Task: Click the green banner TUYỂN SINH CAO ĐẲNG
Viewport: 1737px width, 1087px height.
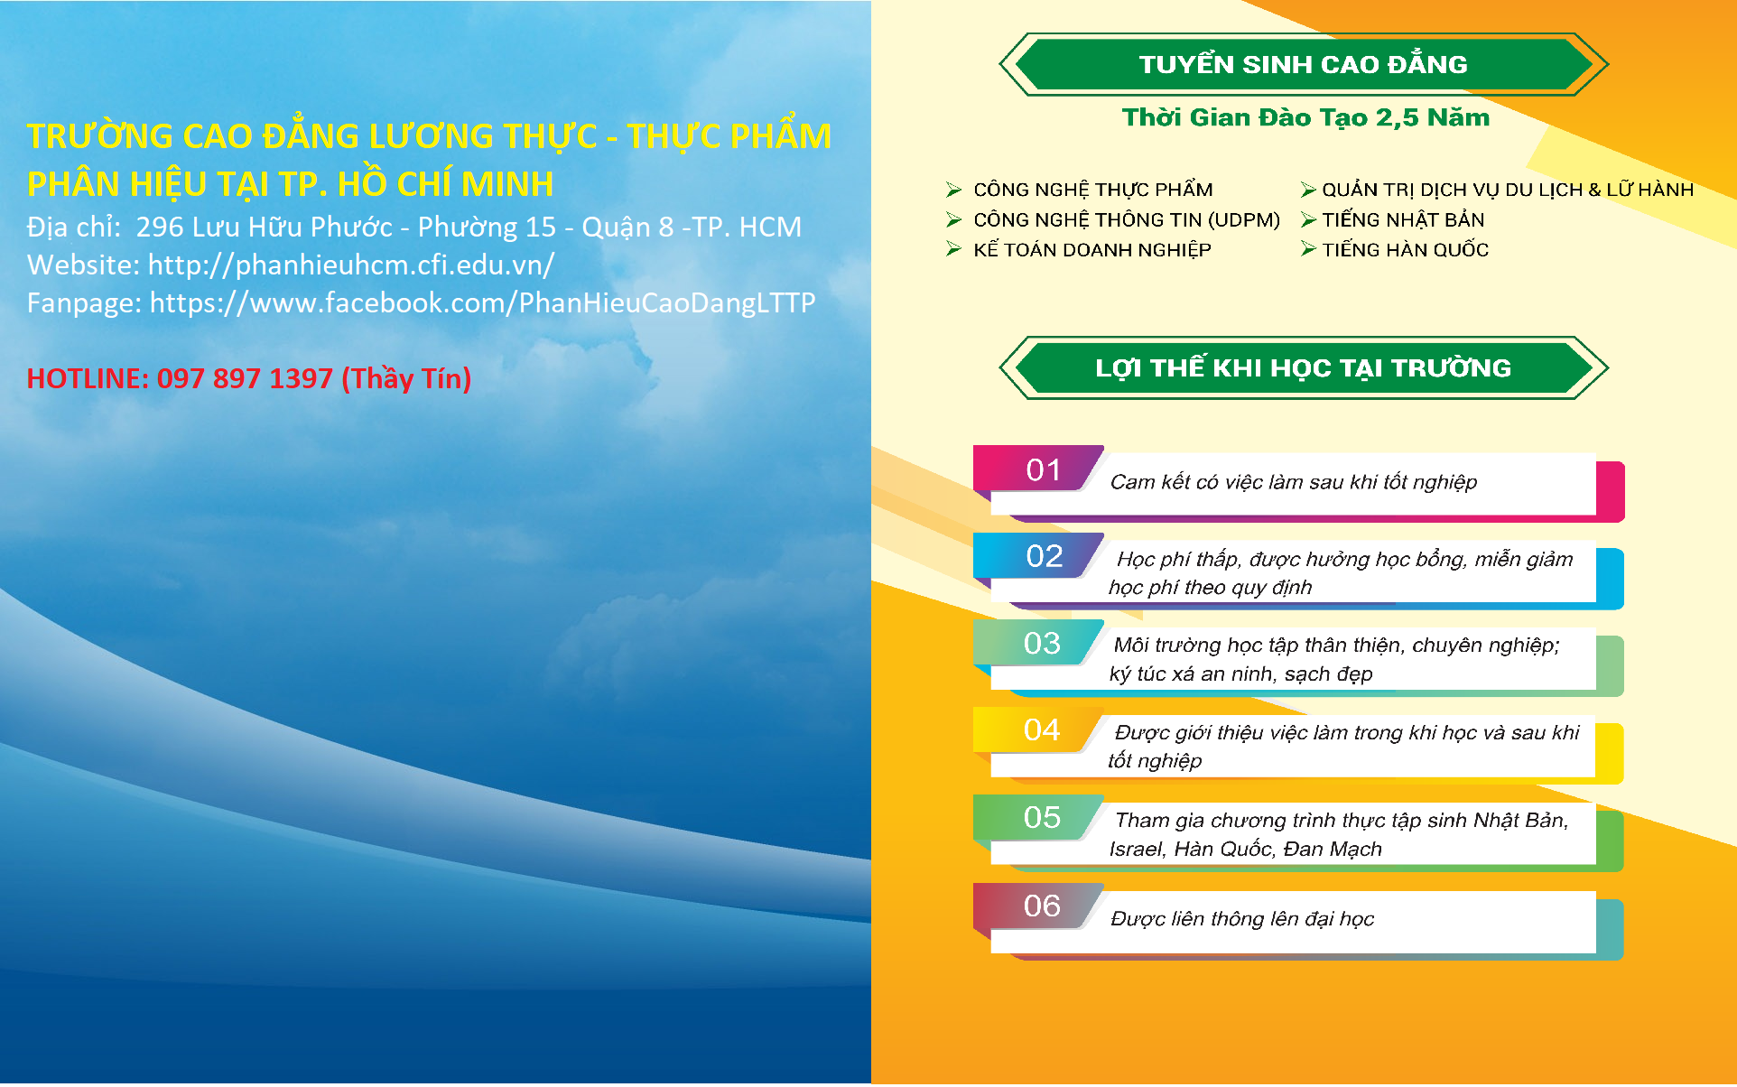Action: [x=1304, y=64]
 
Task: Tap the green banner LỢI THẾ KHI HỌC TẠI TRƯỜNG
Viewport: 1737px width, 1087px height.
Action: [x=1304, y=367]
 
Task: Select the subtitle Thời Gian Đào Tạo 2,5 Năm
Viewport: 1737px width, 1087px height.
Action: [x=1305, y=117]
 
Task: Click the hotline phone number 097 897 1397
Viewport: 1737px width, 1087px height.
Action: [x=245, y=378]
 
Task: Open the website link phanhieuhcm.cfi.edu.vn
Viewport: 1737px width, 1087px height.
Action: [x=351, y=265]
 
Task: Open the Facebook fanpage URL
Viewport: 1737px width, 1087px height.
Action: [x=482, y=302]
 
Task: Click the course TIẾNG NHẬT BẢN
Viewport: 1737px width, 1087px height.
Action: [x=1403, y=219]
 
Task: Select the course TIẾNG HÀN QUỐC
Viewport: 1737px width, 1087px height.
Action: [x=1406, y=249]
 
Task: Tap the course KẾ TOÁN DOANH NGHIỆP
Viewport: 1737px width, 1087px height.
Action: [x=1092, y=249]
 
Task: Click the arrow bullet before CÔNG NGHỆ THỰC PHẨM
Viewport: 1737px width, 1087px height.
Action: [x=954, y=190]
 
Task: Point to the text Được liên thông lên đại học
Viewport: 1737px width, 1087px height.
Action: [x=1242, y=919]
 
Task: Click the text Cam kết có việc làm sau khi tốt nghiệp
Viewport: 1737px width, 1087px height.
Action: [x=1294, y=482]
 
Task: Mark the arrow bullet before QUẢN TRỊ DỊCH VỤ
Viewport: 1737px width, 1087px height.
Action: [x=1308, y=190]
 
